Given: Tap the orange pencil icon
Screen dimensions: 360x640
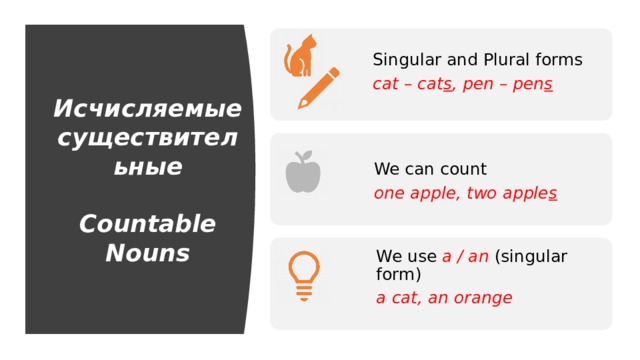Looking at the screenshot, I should click(x=318, y=88).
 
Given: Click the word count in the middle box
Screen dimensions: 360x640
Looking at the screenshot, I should click(x=463, y=169).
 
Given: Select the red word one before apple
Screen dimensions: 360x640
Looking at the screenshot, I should click(x=388, y=194).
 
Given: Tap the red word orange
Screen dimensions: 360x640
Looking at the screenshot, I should click(x=482, y=298).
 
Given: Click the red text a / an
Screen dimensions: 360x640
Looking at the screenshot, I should click(x=465, y=256).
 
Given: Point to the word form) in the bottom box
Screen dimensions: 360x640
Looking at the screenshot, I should click(x=399, y=274).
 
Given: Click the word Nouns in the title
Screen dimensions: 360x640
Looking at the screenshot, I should click(x=147, y=253).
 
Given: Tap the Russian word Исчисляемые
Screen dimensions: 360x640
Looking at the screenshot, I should click(x=147, y=108).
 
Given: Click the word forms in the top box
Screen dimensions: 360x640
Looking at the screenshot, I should click(x=562, y=60).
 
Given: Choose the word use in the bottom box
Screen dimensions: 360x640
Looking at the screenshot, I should click(x=421, y=256).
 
